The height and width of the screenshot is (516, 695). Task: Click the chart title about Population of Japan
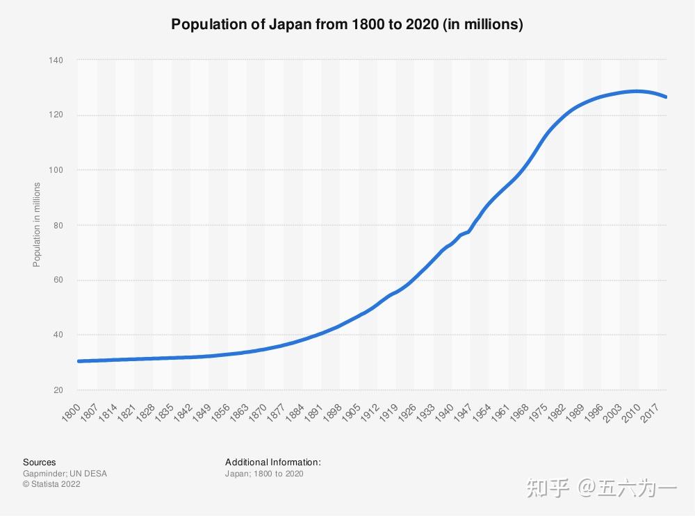pyautogui.click(x=347, y=25)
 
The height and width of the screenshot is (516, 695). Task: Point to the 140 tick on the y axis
pyautogui.click(x=56, y=60)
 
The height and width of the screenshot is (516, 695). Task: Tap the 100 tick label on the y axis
pyautogui.click(x=56, y=170)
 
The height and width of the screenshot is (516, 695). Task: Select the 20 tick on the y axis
pyautogui.click(x=58, y=390)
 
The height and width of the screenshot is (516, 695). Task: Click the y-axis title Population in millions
pyautogui.click(x=37, y=224)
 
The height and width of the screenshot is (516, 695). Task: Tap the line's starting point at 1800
pyautogui.click(x=79, y=361)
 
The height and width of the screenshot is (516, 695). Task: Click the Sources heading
pyautogui.click(x=39, y=462)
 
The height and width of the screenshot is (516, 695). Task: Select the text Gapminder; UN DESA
pyautogui.click(x=65, y=474)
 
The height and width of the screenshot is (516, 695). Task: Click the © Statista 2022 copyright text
pyautogui.click(x=51, y=485)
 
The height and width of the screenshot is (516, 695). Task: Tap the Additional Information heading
pyautogui.click(x=272, y=462)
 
